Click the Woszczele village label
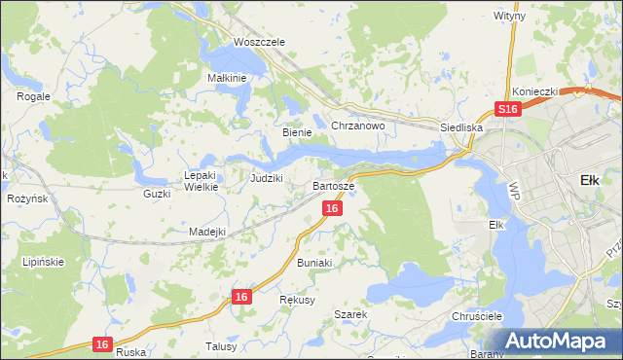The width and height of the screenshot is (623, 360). tap(258, 43)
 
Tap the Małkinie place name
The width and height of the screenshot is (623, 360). tap(230, 78)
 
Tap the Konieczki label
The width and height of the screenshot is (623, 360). tap(534, 91)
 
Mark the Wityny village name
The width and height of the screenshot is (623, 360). tap(509, 17)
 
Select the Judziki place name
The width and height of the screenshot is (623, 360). tap(266, 178)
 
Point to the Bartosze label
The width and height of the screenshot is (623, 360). tap(333, 185)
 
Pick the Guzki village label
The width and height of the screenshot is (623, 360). tap(156, 194)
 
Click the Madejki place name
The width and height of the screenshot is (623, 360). tap(207, 232)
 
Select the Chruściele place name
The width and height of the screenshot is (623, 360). tap(476, 317)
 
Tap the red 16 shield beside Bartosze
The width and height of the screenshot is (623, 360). tap(332, 209)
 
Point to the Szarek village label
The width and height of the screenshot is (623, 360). tap(349, 315)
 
